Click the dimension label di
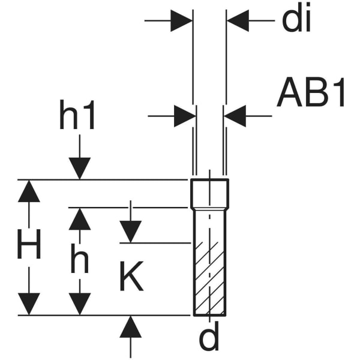point(296,20)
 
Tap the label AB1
point(312,94)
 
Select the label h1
point(77,116)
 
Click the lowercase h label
point(79,260)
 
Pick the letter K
point(130,277)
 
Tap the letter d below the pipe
point(209,338)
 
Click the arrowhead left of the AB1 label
point(235,116)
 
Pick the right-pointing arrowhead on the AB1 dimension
point(185,116)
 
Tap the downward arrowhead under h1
point(79,168)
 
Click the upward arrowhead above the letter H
point(29,191)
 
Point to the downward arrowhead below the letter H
point(29,303)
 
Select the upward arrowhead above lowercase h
point(79,219)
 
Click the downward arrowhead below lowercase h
point(79,303)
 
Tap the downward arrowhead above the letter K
point(130,231)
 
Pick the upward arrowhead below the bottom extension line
point(130,327)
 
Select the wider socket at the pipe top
point(209,193)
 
